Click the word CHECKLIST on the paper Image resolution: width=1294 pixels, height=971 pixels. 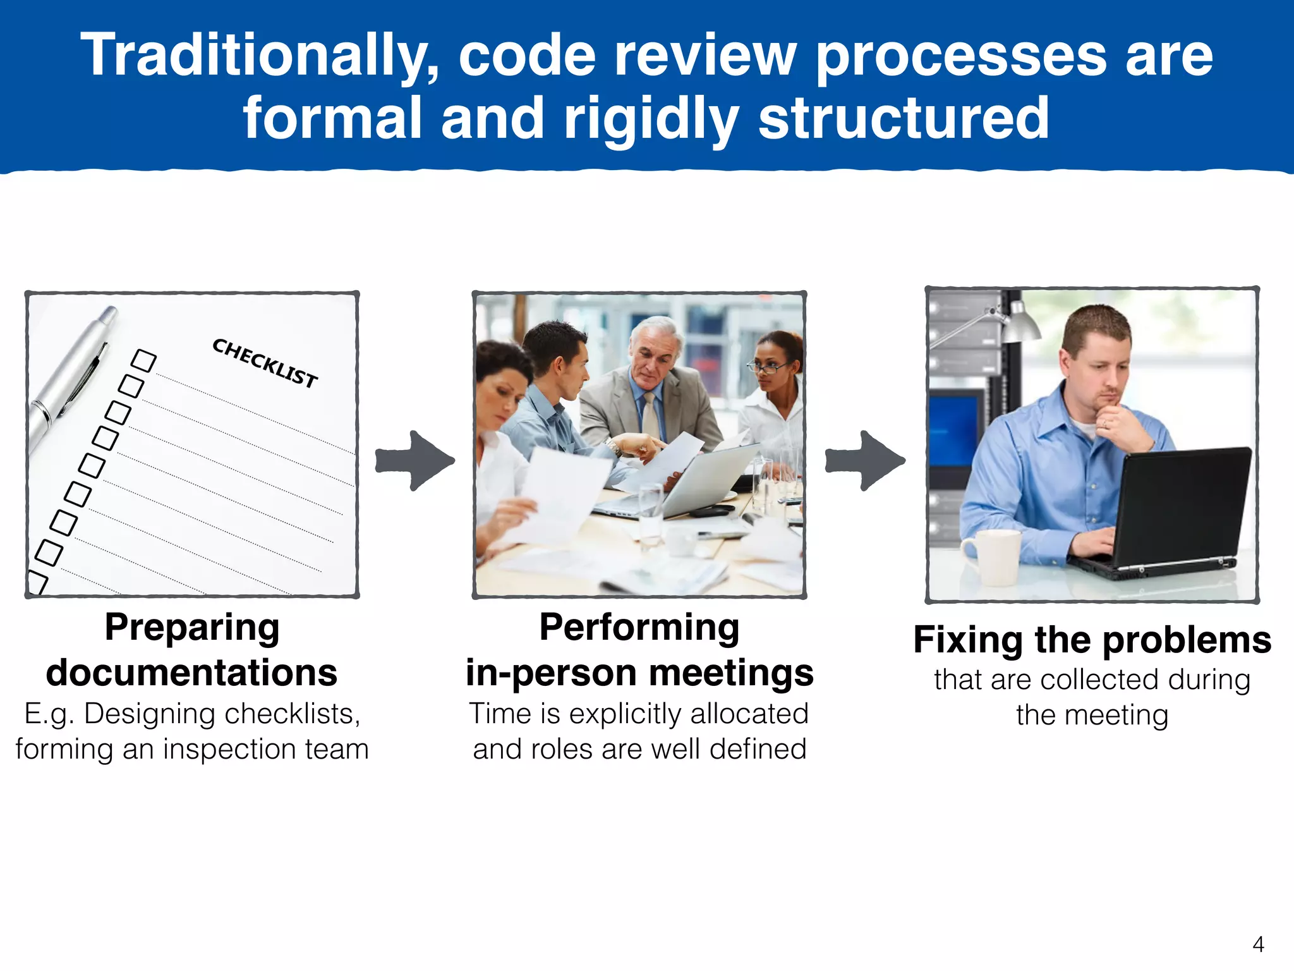click(265, 363)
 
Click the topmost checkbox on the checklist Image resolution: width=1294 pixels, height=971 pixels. click(143, 361)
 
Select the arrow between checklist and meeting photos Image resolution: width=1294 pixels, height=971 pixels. click(414, 460)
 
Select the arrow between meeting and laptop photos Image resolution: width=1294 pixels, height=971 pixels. click(864, 460)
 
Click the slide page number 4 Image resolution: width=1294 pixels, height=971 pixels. click(1258, 944)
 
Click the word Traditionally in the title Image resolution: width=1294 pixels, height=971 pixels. click(259, 57)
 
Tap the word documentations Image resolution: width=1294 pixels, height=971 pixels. click(192, 673)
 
